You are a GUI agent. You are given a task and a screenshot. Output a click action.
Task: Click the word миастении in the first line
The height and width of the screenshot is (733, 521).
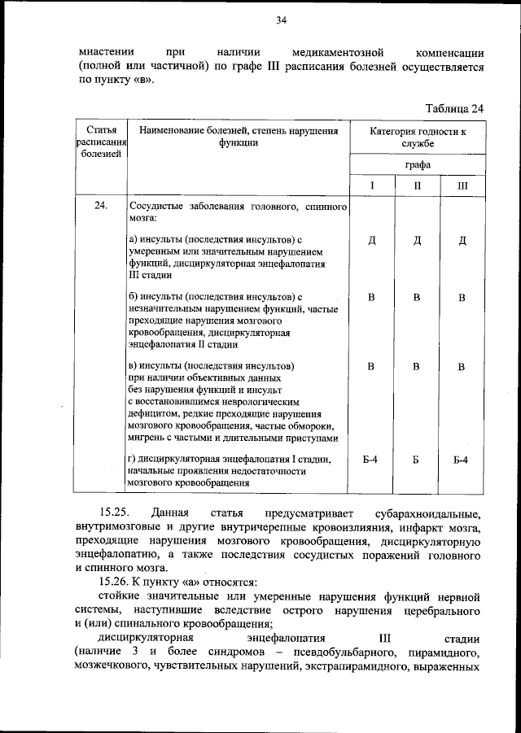coord(107,50)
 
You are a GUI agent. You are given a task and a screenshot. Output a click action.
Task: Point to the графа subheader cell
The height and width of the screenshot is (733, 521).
coord(417,164)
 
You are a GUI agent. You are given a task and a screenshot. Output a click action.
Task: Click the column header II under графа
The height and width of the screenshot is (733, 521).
coord(417,186)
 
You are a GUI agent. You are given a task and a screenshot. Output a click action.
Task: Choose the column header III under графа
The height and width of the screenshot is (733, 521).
coord(462,186)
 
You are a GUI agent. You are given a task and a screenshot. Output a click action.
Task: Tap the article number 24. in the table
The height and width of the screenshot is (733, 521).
coord(101,207)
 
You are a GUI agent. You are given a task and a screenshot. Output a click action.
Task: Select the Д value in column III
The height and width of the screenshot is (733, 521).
coord(462,240)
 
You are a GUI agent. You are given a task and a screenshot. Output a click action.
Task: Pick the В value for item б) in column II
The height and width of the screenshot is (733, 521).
coord(417,298)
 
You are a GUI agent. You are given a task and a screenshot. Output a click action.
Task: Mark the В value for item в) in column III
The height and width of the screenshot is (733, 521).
coord(462,367)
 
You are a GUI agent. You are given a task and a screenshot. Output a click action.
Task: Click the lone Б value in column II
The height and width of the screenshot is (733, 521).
coord(417,460)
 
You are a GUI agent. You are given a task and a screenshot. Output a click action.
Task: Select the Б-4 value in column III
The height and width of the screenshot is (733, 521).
coord(462,460)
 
